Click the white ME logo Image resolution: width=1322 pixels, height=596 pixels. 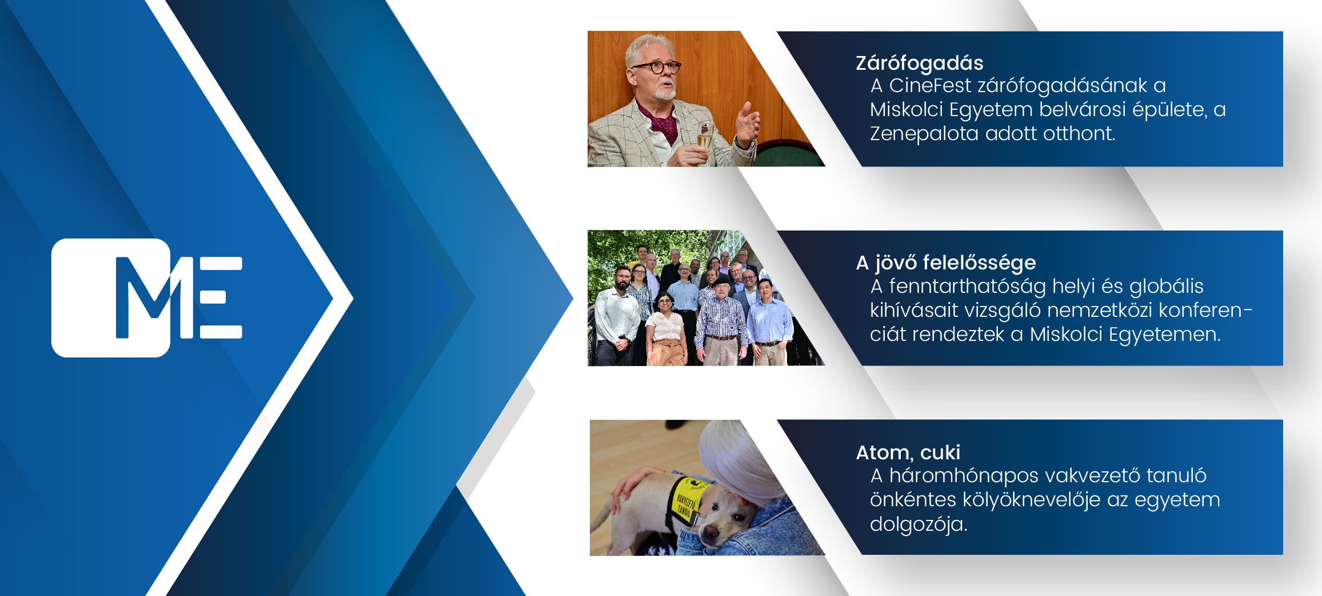(147, 297)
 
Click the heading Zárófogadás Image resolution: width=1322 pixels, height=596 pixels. (919, 63)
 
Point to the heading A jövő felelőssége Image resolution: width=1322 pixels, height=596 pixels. (945, 263)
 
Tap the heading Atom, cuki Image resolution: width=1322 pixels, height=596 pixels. (908, 452)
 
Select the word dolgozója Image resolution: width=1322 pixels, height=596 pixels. (918, 524)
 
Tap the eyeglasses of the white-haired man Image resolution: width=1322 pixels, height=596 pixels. (656, 67)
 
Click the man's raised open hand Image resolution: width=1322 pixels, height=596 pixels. (747, 122)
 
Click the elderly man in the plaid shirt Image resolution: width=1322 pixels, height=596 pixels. (721, 323)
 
